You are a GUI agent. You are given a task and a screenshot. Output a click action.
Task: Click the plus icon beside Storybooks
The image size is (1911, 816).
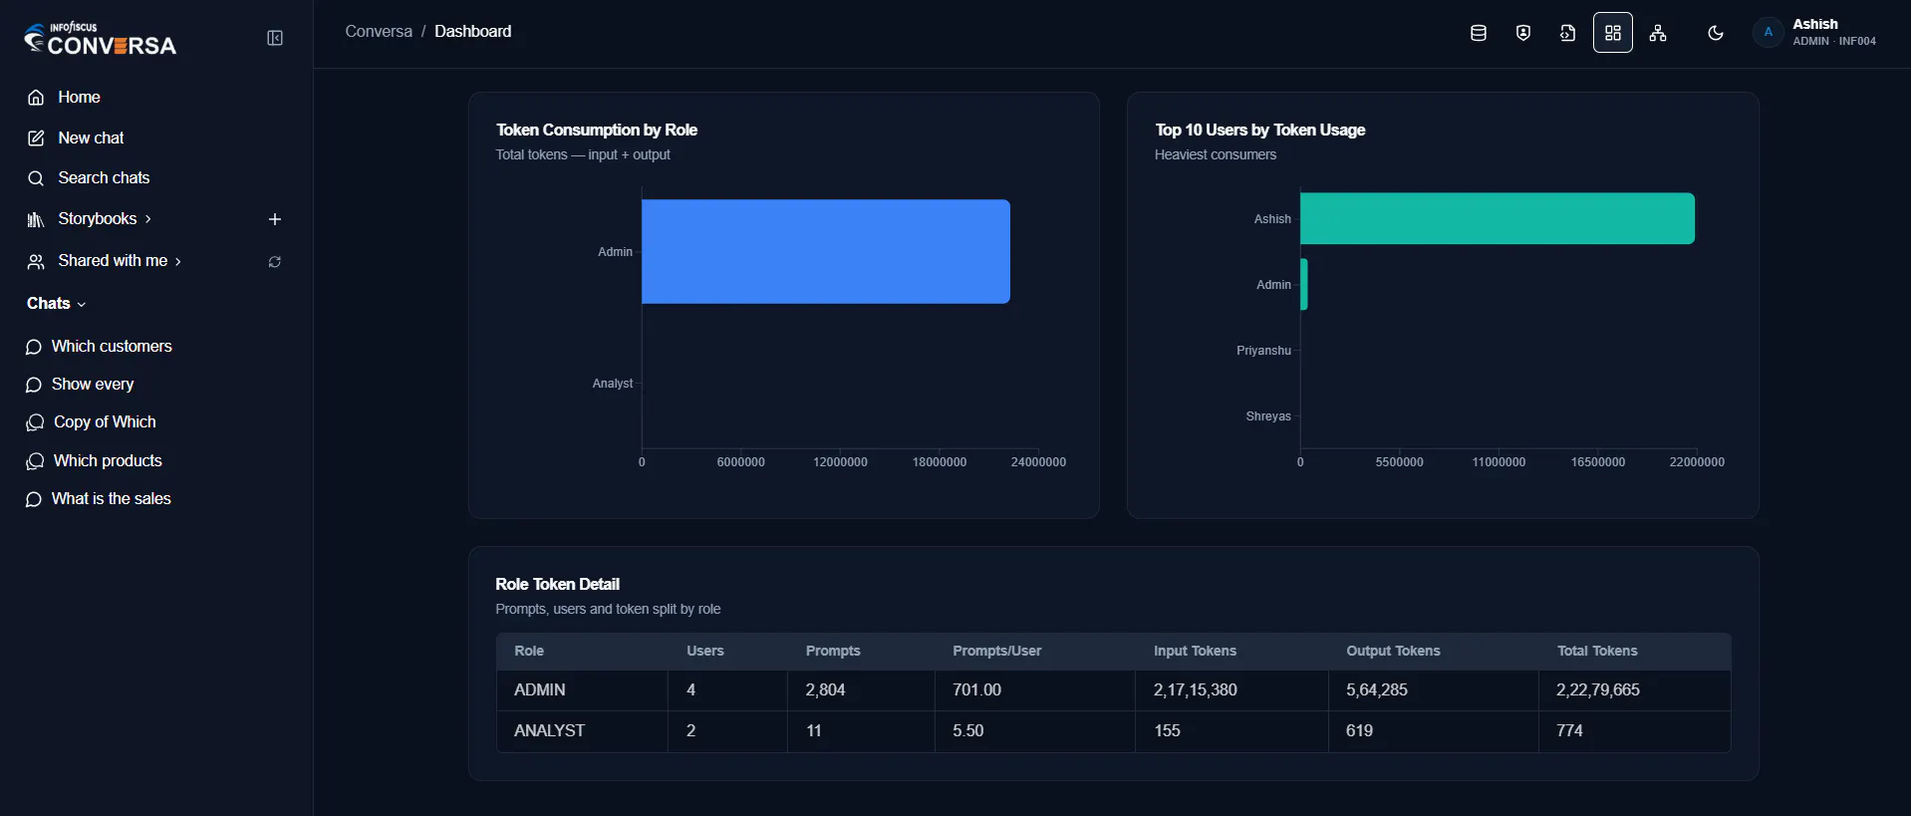point(275,219)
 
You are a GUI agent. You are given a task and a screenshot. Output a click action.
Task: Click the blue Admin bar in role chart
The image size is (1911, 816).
point(826,252)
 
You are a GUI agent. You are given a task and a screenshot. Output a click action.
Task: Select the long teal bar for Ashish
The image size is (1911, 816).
point(1498,219)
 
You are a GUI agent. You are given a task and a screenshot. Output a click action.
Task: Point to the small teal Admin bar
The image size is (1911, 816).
point(1304,285)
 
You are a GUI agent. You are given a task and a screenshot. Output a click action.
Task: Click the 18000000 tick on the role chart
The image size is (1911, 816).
point(940,462)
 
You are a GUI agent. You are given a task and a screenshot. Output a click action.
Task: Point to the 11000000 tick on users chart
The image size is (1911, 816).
point(1499,462)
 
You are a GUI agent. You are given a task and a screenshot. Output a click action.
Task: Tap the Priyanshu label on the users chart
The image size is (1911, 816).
point(1263,351)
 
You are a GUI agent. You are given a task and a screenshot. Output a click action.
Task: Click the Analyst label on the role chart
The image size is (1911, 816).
point(613,384)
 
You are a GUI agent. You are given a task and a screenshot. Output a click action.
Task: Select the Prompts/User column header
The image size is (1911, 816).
point(996,652)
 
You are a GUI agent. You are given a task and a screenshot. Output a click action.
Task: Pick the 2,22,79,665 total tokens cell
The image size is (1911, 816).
point(1598,690)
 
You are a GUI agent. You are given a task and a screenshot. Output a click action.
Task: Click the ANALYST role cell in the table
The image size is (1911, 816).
point(549,731)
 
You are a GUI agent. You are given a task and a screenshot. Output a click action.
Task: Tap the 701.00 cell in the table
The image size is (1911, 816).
point(976,690)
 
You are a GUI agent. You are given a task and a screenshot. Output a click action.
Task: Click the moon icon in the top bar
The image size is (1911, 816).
point(1716,33)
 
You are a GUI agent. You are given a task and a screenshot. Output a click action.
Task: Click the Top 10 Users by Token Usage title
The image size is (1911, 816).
point(1260,131)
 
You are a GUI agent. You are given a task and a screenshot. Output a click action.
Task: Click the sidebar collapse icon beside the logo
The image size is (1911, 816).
point(275,38)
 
